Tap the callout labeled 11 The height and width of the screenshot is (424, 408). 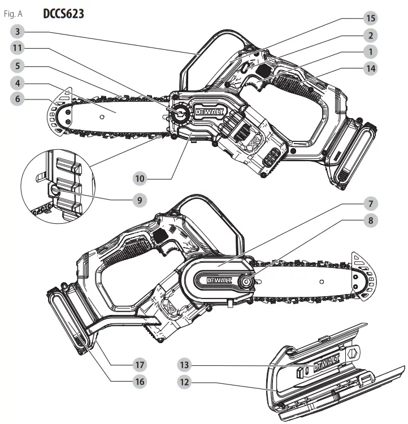pyautogui.click(x=19, y=49)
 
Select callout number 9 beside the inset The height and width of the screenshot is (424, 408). pyautogui.click(x=140, y=199)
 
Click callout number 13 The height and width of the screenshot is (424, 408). pyautogui.click(x=184, y=364)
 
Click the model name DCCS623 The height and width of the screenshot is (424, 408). pyautogui.click(x=63, y=13)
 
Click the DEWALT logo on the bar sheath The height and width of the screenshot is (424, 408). pyautogui.click(x=325, y=360)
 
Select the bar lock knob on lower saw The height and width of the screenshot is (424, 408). pyautogui.click(x=248, y=279)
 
